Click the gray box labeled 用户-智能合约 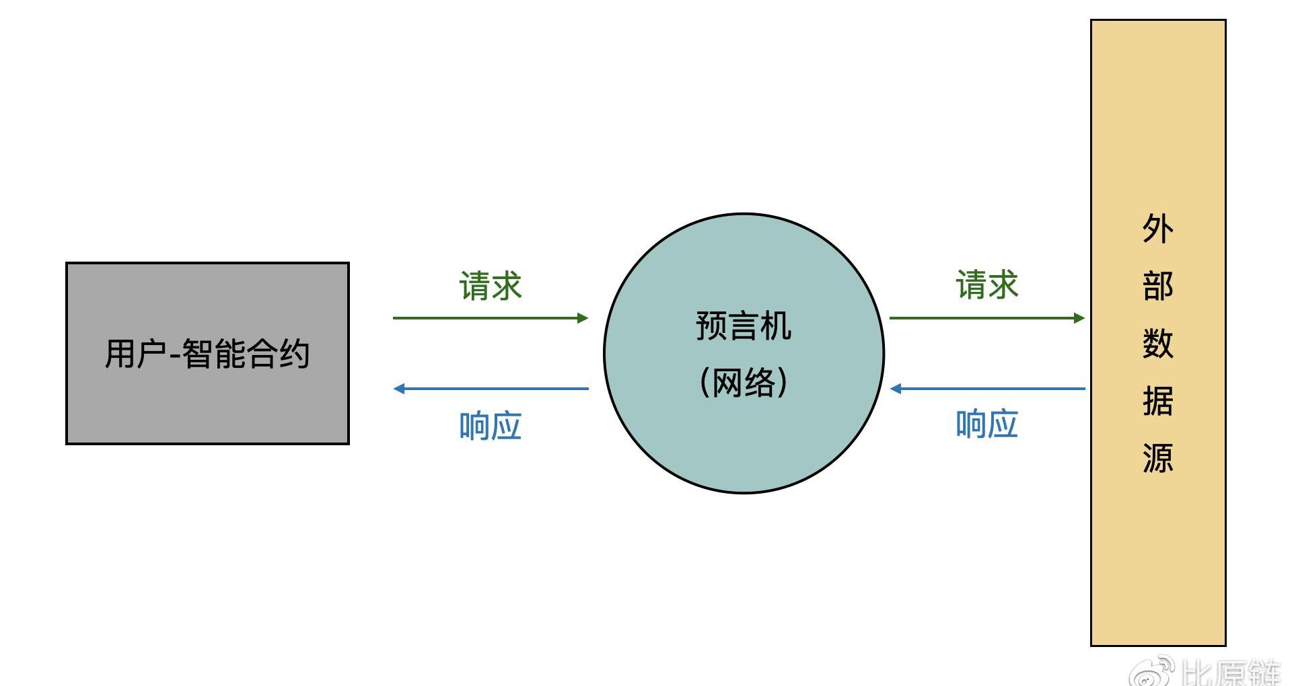tap(207, 404)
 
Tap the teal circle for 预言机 tap(744, 444)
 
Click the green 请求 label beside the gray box tap(491, 286)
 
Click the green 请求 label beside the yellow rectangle tap(987, 284)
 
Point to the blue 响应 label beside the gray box tap(491, 426)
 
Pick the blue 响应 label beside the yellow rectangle tap(987, 424)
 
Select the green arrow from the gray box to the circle tap(491, 317)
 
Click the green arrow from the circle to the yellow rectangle tap(987, 317)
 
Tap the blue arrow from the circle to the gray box tap(491, 388)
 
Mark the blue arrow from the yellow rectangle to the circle tap(987, 388)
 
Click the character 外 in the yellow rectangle tap(1157, 229)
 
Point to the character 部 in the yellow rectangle tap(1157, 286)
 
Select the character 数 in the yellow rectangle tap(1157, 343)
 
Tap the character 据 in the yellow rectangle tap(1157, 401)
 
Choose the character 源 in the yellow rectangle tap(1157, 458)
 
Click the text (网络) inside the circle tap(744, 382)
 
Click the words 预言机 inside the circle tap(744, 326)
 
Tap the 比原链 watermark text tap(1231, 673)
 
